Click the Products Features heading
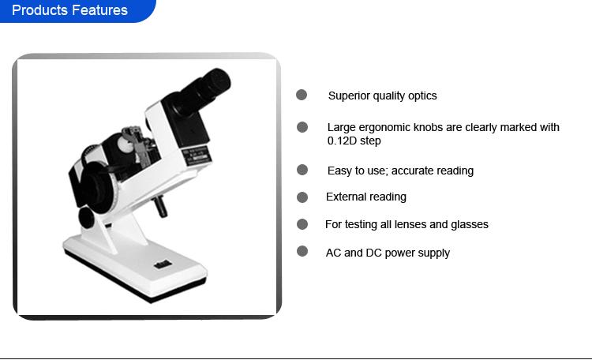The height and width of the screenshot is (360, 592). (x=69, y=10)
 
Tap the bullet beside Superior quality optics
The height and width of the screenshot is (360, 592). (x=302, y=95)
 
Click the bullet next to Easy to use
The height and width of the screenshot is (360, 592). (x=302, y=170)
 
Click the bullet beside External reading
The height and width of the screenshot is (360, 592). (x=302, y=197)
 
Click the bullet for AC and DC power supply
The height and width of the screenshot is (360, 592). (x=302, y=251)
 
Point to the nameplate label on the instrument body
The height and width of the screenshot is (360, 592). (x=196, y=156)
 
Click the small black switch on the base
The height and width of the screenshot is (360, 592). (x=163, y=264)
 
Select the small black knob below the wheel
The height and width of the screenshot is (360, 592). (x=87, y=218)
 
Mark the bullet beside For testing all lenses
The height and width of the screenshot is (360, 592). (x=302, y=224)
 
